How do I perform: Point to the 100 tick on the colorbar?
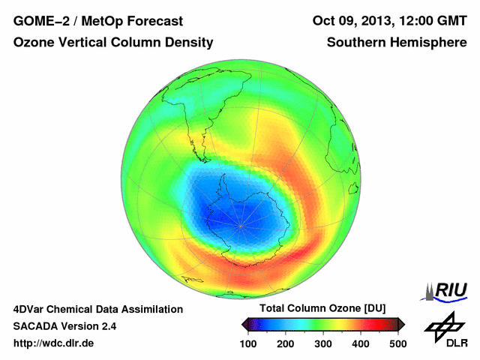coord(249,343)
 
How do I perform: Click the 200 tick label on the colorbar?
coord(286,343)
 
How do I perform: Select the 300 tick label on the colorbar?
coord(323,343)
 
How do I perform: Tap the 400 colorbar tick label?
coord(360,343)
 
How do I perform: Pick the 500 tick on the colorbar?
coord(397,343)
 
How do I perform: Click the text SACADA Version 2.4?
coord(64,326)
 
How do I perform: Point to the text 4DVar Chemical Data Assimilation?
coord(97,309)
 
